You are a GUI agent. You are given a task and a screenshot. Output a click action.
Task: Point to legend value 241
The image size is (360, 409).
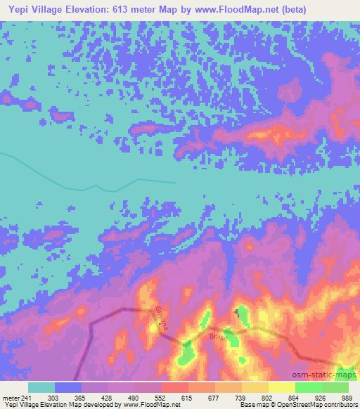pyautogui.click(x=27, y=397)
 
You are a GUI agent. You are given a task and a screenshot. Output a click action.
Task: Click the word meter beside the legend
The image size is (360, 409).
pyautogui.click(x=11, y=397)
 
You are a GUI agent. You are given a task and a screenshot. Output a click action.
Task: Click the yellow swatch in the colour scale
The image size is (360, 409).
pyautogui.click(x=282, y=387)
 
